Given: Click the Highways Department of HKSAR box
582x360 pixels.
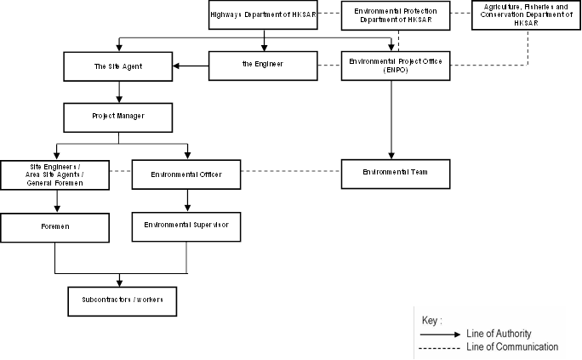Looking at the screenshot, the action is coord(263,14).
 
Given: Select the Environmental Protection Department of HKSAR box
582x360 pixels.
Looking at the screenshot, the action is coord(396,15).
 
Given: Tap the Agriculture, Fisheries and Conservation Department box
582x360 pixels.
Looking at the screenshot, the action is coord(527,15).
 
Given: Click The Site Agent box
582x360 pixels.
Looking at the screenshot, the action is coord(118,66).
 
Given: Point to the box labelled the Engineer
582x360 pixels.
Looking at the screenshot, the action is coord(263,66).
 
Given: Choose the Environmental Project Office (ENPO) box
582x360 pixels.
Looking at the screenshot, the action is coord(396,66).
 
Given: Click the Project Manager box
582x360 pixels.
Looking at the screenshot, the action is coord(118,117).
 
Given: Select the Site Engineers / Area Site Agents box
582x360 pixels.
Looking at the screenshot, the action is coord(55,175).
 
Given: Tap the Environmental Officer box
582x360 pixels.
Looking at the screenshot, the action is coord(186,174).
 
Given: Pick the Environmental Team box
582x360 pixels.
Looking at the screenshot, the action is coord(396,174).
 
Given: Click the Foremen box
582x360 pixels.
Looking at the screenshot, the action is coord(55,228).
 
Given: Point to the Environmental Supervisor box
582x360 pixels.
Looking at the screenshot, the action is coord(186,226).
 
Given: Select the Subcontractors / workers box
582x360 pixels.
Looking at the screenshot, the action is coord(123,301).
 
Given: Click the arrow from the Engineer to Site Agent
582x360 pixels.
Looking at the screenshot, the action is coord(191,66).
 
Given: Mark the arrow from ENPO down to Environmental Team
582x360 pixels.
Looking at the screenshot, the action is coord(391,120).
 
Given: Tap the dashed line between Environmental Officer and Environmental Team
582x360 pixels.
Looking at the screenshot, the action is coord(291,171).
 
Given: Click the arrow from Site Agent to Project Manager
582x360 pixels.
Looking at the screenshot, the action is coord(119,92).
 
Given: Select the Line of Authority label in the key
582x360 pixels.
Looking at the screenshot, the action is coord(499,334).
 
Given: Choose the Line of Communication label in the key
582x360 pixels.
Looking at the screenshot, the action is coord(512,347).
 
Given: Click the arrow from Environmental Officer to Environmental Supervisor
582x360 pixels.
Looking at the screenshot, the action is coord(187,200).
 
